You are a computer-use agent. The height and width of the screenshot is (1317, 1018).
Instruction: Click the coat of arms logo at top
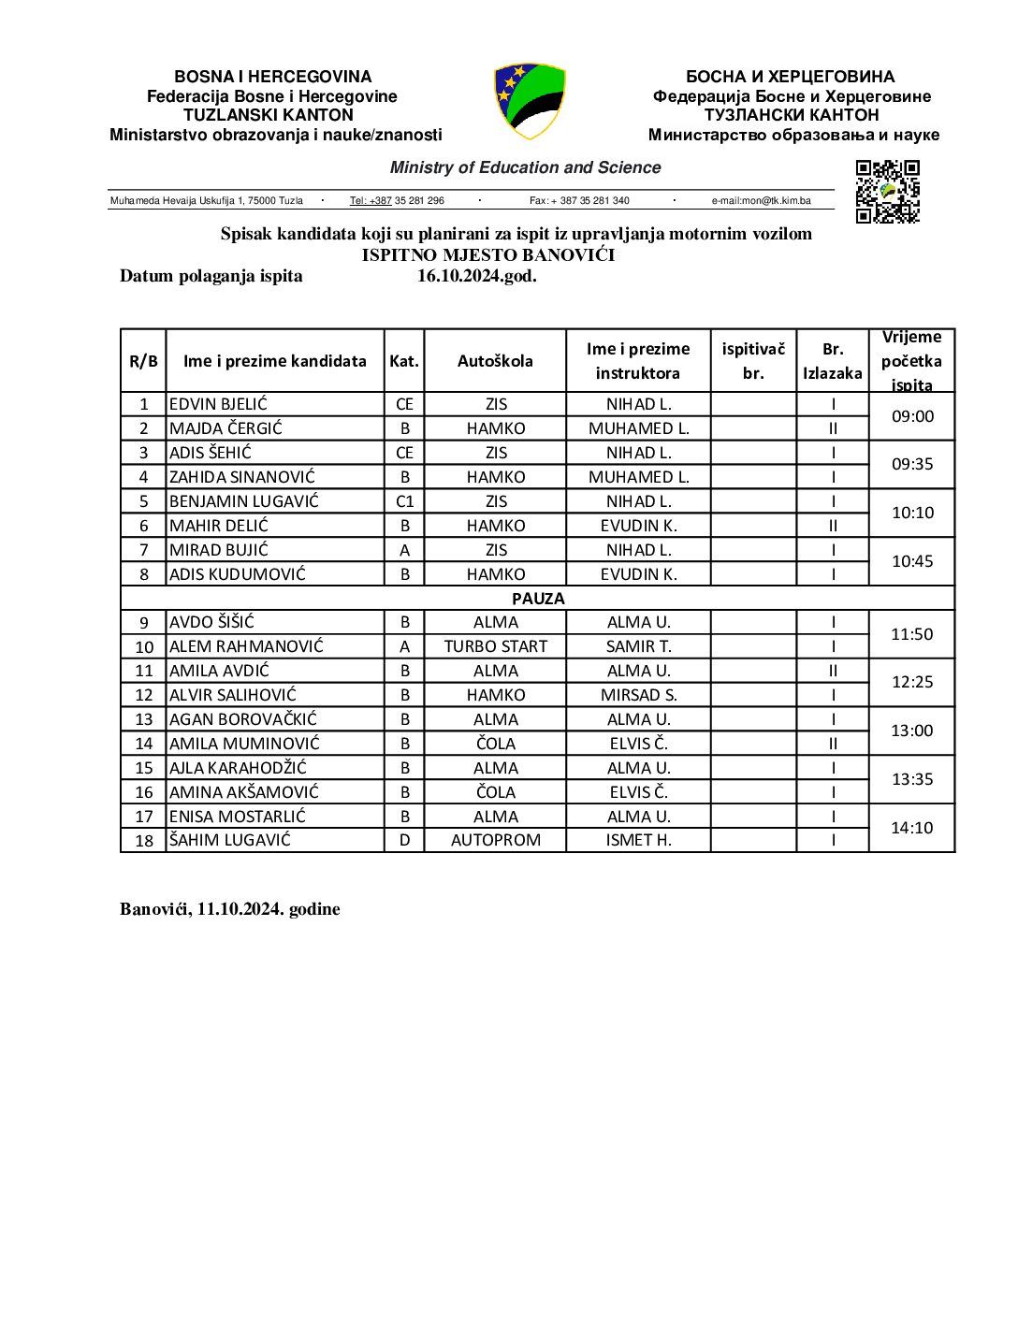530,101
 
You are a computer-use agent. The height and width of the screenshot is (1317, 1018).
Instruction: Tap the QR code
887,192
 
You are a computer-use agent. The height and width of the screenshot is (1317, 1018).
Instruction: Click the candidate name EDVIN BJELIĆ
218,404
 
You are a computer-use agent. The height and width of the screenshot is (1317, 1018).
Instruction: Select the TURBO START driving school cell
496,646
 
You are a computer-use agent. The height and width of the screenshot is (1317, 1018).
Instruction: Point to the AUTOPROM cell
496,840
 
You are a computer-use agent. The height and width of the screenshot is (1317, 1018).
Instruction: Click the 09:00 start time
912,416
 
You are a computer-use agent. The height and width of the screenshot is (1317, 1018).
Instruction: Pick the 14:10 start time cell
912,828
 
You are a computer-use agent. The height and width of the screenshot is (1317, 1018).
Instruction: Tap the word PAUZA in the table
538,599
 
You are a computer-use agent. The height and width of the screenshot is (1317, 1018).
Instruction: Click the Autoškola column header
495,361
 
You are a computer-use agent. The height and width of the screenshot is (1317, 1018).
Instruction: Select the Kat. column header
404,361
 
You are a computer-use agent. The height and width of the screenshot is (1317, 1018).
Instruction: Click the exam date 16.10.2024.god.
477,276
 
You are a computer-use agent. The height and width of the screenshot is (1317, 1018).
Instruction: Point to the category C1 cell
404,501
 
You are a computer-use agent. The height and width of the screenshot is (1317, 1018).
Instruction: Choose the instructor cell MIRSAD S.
639,695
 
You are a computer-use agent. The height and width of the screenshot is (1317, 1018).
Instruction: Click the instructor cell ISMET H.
639,840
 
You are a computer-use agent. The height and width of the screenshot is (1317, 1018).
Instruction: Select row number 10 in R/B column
144,647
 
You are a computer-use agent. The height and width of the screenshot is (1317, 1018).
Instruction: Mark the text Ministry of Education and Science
525,167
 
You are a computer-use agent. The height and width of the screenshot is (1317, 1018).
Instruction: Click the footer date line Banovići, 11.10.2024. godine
230,909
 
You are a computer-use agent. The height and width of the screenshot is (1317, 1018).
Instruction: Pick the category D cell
404,840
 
